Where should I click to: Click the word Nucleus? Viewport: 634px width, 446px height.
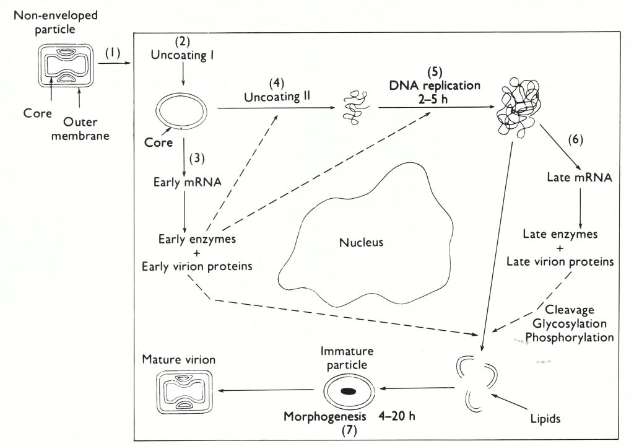tap(361, 242)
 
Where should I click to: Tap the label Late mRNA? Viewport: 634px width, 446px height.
tap(580, 178)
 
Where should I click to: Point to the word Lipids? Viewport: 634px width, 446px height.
tap(545, 419)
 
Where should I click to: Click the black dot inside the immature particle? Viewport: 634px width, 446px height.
tap(349, 391)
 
